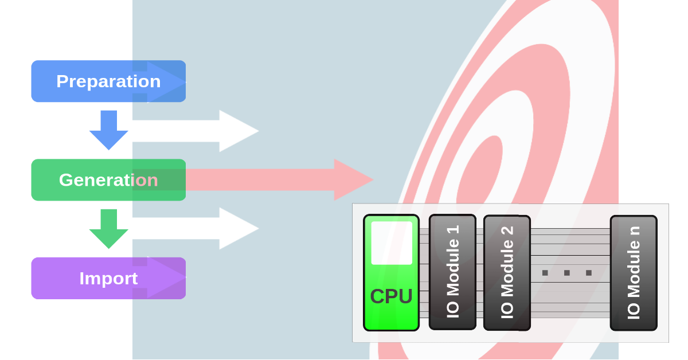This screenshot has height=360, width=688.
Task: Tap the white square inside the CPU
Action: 392,242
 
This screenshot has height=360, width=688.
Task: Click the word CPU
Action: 392,296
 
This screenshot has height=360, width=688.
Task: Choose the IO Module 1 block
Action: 452,272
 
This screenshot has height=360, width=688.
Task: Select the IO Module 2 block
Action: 507,272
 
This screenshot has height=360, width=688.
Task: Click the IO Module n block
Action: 634,272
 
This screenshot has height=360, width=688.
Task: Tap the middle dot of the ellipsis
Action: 566,273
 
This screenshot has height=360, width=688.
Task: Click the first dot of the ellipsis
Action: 545,273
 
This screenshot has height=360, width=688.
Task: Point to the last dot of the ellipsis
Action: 588,273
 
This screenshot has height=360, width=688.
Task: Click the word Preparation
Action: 108,81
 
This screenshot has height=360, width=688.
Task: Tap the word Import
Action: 108,279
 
